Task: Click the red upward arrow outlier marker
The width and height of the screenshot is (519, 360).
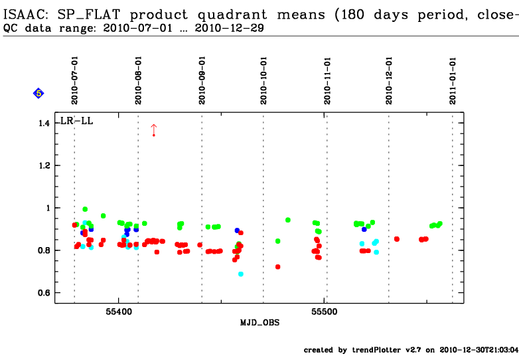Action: click(x=153, y=129)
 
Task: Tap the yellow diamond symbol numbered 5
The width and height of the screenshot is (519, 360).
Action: click(x=38, y=94)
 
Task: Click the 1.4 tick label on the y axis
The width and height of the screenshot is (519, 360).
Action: click(x=44, y=124)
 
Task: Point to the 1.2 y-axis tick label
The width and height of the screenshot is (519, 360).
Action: click(x=44, y=165)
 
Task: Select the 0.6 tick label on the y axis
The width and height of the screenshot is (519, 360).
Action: click(x=44, y=293)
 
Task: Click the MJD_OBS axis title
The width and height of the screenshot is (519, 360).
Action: click(x=259, y=322)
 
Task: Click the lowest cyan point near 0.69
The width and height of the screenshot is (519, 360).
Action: click(x=241, y=274)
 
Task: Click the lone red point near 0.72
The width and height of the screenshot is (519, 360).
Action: click(x=278, y=267)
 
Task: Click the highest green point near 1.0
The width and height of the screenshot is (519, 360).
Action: click(x=85, y=209)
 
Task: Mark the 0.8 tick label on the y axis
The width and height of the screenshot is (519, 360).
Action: click(x=44, y=250)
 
